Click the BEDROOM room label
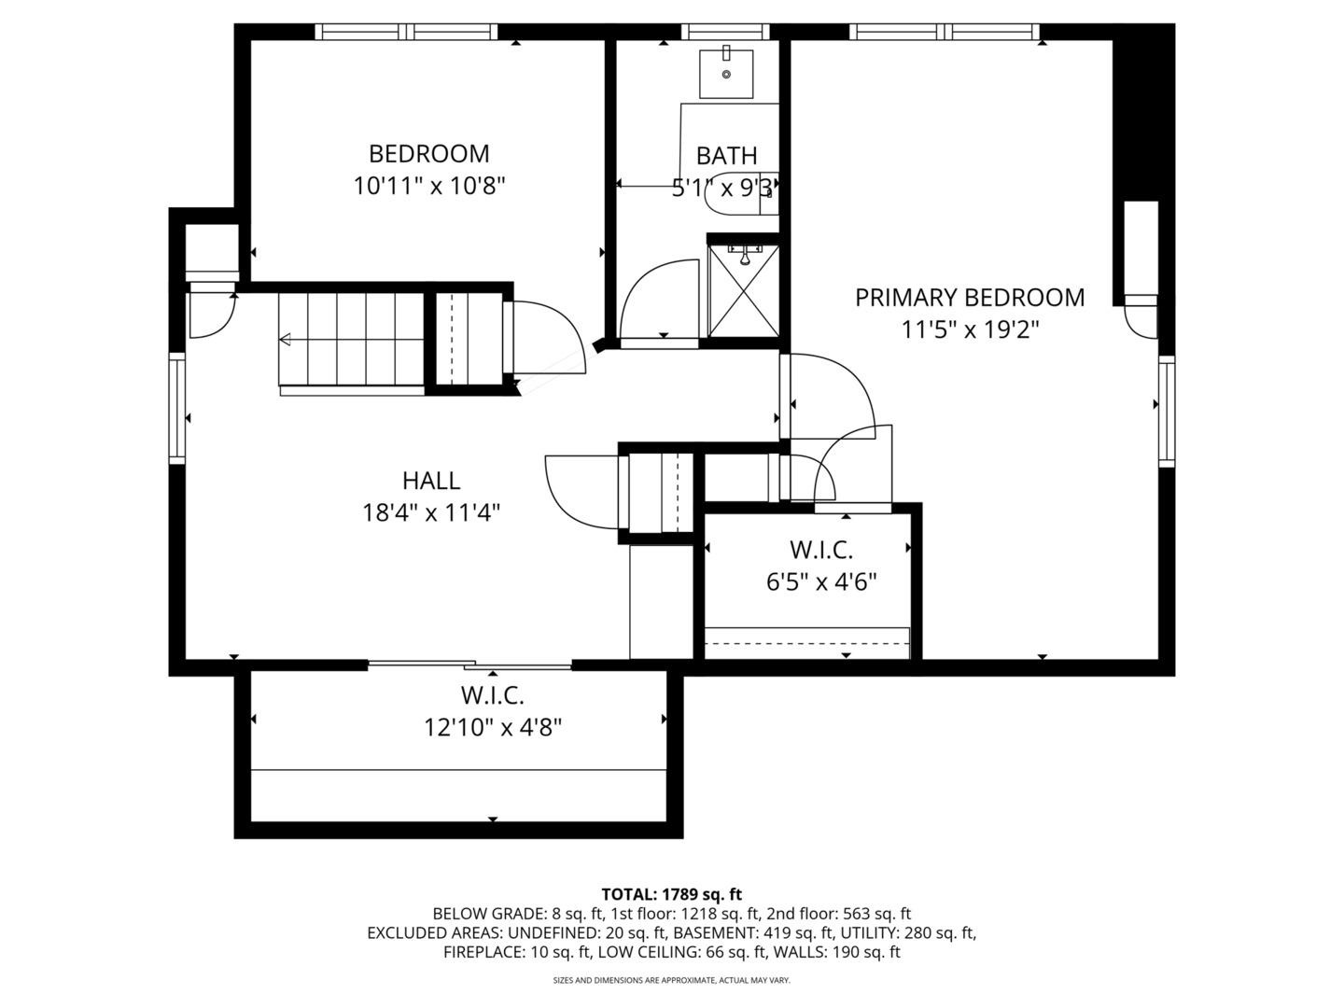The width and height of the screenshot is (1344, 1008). (x=428, y=153)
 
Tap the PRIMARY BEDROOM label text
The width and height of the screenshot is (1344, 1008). (x=970, y=298)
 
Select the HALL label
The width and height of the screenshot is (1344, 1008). (x=430, y=481)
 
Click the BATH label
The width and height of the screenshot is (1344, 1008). (x=726, y=156)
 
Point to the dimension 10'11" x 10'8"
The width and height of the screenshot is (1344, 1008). (x=428, y=186)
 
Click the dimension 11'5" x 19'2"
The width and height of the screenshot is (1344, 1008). (x=970, y=329)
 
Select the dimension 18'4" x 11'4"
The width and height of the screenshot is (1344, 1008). (x=430, y=512)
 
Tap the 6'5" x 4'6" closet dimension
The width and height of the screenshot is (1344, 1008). (x=821, y=582)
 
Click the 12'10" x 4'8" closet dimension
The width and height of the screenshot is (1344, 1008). (x=492, y=727)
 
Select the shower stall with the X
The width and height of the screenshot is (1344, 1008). (x=743, y=289)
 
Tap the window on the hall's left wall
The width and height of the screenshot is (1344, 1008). (x=176, y=409)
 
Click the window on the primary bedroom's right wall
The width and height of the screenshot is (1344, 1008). (x=1167, y=411)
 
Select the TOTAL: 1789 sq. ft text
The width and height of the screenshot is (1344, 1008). (x=671, y=894)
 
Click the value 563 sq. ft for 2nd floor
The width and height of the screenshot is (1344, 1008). (x=876, y=914)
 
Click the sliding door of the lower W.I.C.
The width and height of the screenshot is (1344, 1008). (x=469, y=665)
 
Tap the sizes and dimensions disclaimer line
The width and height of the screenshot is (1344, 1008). (x=671, y=981)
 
